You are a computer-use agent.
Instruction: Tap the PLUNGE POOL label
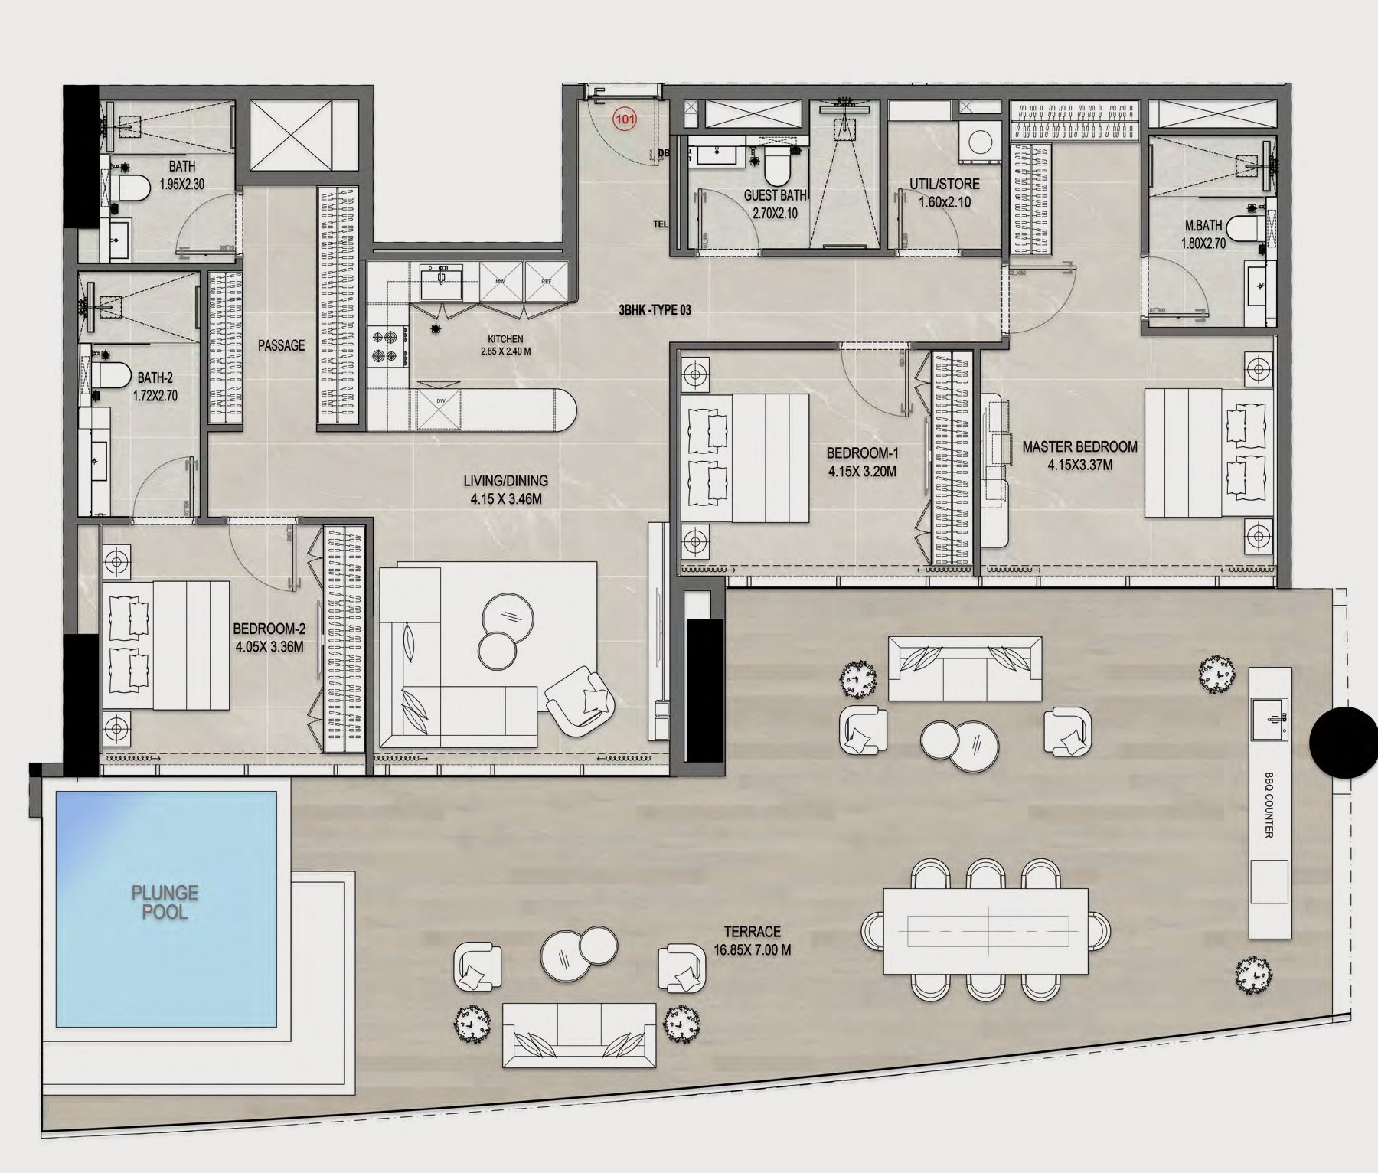click(x=165, y=902)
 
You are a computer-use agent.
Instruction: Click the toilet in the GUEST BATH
click(x=777, y=169)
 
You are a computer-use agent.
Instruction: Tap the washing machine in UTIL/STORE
click(x=978, y=142)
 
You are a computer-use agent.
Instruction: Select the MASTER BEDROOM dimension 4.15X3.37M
click(x=1079, y=465)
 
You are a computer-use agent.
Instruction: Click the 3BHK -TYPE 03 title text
click(x=655, y=310)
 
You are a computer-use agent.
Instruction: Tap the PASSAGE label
click(x=281, y=345)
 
